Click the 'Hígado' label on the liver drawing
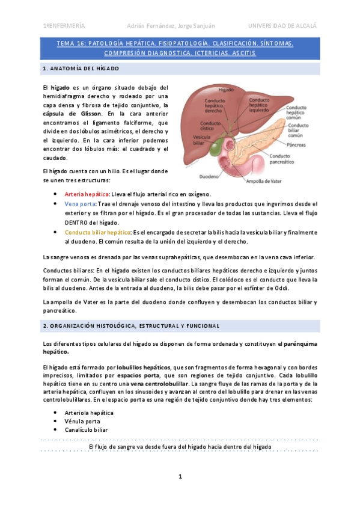(x=226, y=89)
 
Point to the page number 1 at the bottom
(x=180, y=477)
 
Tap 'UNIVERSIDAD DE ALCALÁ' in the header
(x=282, y=26)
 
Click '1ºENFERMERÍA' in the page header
(x=64, y=26)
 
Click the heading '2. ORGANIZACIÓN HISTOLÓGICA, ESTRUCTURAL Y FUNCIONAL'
(x=131, y=325)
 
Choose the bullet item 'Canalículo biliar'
(x=87, y=430)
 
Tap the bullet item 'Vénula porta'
(x=82, y=422)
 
